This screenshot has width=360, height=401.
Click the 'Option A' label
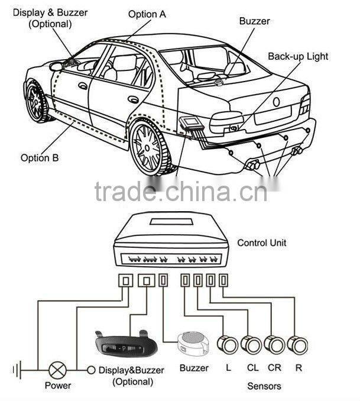147,14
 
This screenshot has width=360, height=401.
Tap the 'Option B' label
40,157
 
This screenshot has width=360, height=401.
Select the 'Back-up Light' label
297,57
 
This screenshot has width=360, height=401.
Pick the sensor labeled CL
251,344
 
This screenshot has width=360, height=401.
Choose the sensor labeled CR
273,344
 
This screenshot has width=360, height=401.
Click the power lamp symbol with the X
57,370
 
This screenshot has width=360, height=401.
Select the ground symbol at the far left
17,370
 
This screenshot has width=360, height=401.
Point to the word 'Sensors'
264,386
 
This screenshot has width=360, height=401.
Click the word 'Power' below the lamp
58,386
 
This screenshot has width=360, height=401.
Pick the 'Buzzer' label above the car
254,21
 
